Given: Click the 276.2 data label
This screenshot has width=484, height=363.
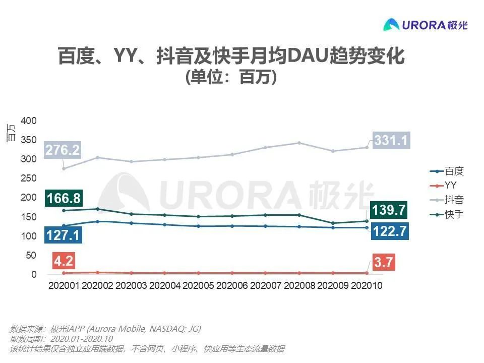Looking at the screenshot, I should coord(63,150).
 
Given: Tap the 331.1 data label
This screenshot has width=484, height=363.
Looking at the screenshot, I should coord(390,140).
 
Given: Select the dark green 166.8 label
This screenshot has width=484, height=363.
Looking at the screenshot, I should coord(64,198).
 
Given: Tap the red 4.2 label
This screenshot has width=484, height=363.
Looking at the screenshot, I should coord(64,261).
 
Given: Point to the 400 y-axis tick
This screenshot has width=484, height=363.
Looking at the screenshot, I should coord(29,121).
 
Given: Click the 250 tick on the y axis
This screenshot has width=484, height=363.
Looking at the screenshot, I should coord(29,178).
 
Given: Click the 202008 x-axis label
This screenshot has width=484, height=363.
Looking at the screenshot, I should coord(299,285).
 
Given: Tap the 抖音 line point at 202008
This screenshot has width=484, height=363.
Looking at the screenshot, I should coord(299,143).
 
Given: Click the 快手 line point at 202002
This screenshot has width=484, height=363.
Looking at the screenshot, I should coord(97,209).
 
